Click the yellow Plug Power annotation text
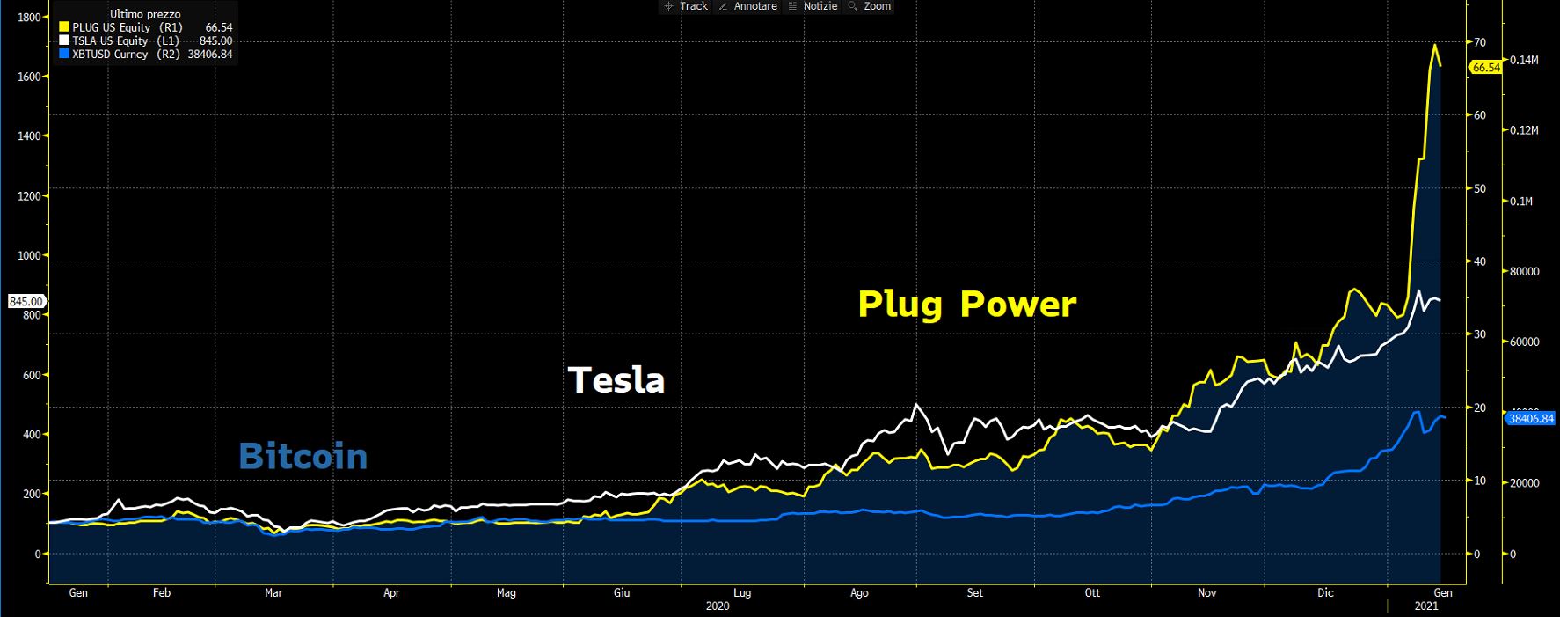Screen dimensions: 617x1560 click(x=966, y=305)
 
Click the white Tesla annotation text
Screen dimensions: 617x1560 click(x=616, y=380)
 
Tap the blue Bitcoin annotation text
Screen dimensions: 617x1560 click(x=303, y=457)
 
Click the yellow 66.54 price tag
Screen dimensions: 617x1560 click(x=1485, y=67)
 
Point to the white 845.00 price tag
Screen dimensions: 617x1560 click(x=26, y=301)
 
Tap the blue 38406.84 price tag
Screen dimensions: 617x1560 click(x=1531, y=419)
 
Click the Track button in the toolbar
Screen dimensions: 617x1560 click(x=686, y=6)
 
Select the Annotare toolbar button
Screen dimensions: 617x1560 click(x=748, y=6)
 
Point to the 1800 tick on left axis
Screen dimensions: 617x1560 click(x=28, y=17)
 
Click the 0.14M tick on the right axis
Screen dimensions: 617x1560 click(x=1524, y=60)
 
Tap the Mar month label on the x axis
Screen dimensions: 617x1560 click(x=273, y=593)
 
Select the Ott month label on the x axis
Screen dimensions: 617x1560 click(x=1092, y=593)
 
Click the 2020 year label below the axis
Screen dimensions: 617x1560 click(x=718, y=606)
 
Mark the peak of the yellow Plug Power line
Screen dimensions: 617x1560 click(x=1435, y=45)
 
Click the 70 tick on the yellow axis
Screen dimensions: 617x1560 click(x=1481, y=42)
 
